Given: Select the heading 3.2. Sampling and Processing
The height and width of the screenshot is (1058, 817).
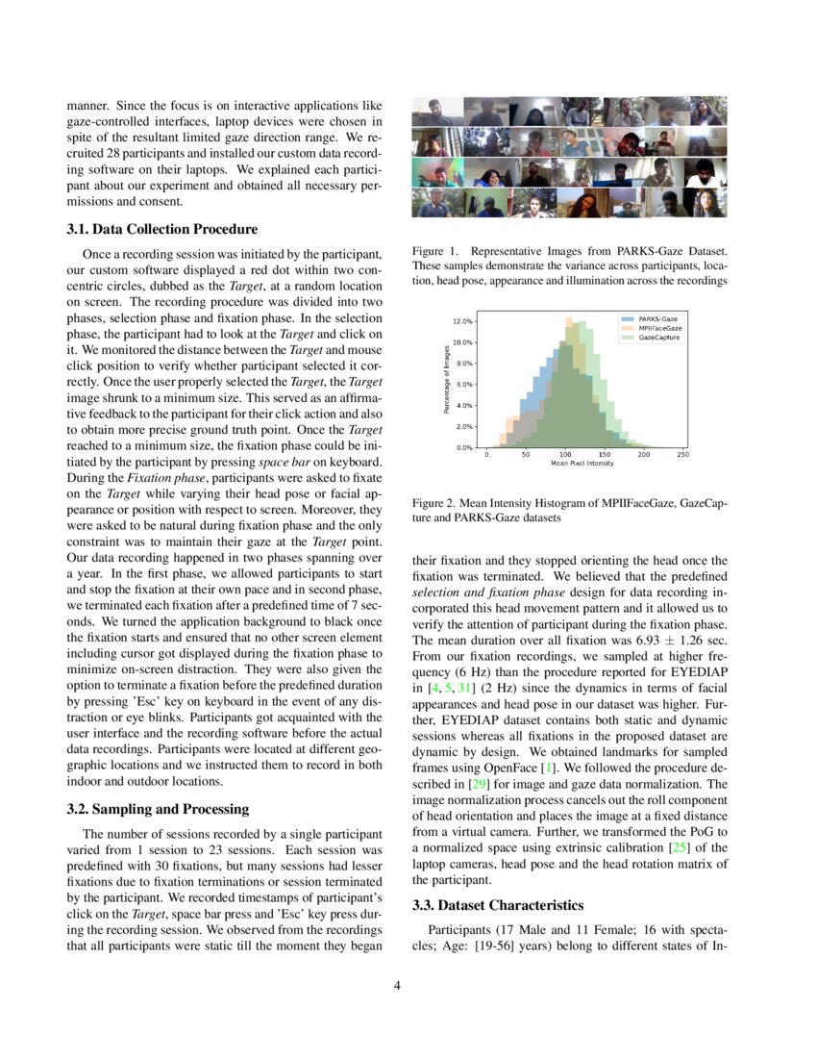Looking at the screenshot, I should click(x=157, y=809).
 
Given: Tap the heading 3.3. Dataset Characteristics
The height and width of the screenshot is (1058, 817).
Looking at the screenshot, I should click(x=497, y=905).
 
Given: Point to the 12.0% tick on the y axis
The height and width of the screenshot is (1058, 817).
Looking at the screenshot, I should click(x=461, y=321).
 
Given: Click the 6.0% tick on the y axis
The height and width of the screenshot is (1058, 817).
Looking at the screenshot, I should click(x=463, y=384).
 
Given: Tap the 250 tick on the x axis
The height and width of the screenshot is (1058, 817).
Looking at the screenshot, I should click(x=682, y=455).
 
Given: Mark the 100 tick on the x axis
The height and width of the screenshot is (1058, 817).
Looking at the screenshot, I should click(x=565, y=455).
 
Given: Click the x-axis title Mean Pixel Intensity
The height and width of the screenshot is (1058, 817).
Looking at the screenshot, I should click(x=582, y=464).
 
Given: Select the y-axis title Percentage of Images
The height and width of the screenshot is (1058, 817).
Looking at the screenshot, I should click(x=447, y=379).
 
